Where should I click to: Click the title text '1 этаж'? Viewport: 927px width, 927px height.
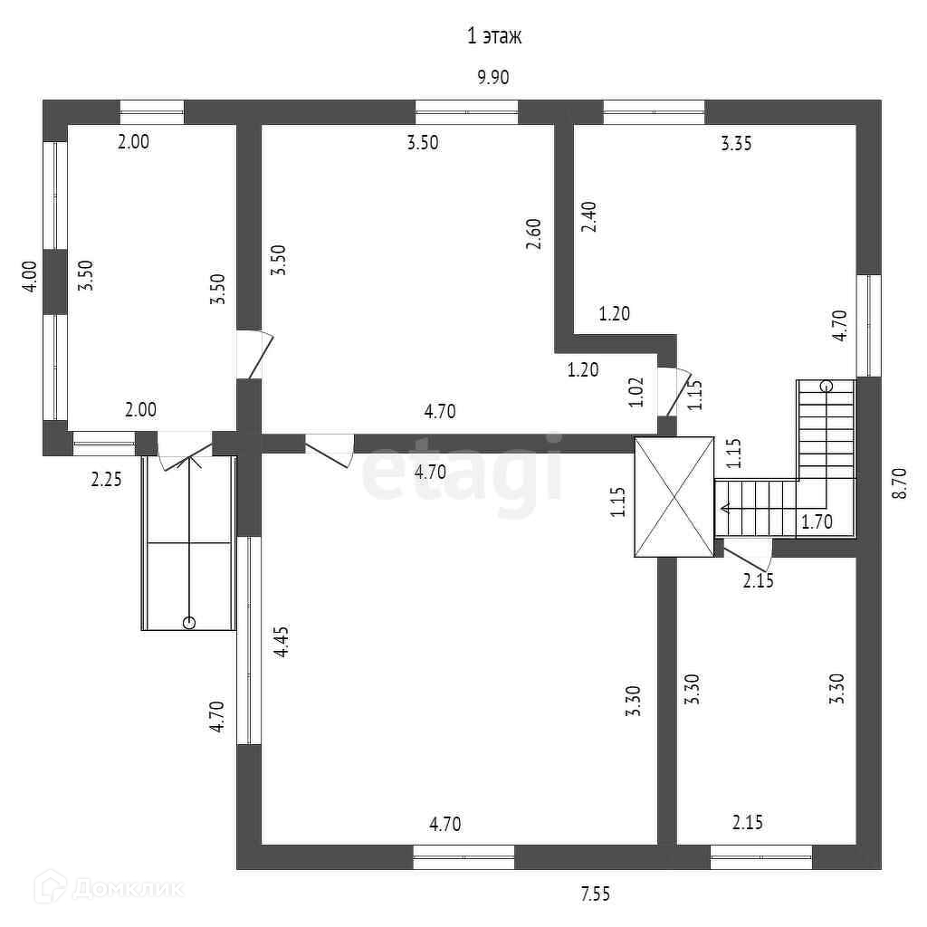point(494,36)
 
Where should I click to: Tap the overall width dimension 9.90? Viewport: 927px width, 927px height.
point(493,77)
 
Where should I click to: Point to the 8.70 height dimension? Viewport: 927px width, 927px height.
point(899,483)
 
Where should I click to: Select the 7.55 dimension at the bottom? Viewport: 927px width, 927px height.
point(595,894)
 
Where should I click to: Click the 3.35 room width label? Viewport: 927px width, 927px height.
point(736,142)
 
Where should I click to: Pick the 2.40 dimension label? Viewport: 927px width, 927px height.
point(589,216)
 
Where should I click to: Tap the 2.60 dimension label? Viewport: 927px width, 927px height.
point(534,234)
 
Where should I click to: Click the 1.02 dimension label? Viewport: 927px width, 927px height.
point(636,392)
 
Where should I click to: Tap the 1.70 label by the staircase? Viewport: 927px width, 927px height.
point(816,521)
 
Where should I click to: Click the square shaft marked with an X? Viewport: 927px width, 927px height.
point(674,496)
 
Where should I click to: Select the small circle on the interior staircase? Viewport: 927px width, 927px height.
point(826,387)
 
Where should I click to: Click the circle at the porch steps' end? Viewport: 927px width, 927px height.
point(188,622)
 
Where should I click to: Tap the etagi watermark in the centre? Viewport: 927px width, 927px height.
point(462,468)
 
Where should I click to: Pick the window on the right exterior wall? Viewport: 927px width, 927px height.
point(868,325)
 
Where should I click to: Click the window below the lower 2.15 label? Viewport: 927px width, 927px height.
point(760,856)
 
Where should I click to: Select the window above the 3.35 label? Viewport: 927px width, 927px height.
point(654,111)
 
